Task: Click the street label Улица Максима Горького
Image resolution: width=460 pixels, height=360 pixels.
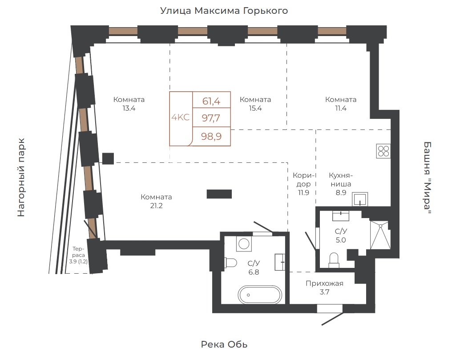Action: click(224, 11)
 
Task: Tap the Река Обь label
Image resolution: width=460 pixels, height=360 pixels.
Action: click(224, 344)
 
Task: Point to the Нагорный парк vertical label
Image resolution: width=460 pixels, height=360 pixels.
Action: click(21, 178)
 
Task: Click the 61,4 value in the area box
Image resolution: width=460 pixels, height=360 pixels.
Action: click(211, 101)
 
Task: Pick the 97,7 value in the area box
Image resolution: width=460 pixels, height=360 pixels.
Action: click(211, 118)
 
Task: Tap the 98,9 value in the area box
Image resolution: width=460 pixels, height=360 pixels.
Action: click(211, 137)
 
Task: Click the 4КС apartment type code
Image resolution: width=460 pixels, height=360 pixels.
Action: click(181, 117)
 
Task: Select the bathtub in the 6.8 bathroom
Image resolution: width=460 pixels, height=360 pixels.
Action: click(260, 295)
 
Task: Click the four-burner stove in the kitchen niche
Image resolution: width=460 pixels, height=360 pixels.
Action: click(383, 151)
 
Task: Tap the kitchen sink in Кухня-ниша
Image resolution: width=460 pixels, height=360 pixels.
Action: click(359, 199)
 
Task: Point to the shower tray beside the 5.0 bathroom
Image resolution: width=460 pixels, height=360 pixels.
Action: click(380, 235)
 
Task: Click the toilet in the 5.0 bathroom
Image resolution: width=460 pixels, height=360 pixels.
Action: click(334, 260)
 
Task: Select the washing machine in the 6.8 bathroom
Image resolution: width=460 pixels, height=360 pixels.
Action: click(244, 243)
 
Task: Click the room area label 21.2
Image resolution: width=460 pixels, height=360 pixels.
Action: click(156, 206)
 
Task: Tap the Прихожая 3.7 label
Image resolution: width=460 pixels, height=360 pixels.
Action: click(324, 287)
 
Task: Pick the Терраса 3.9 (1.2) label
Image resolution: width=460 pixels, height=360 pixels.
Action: click(78, 255)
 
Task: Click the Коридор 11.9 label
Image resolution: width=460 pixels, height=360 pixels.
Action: click(304, 184)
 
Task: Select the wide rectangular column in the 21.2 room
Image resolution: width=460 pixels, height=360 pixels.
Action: click(219, 194)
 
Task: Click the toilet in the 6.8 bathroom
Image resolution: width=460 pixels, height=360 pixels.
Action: click(231, 263)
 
